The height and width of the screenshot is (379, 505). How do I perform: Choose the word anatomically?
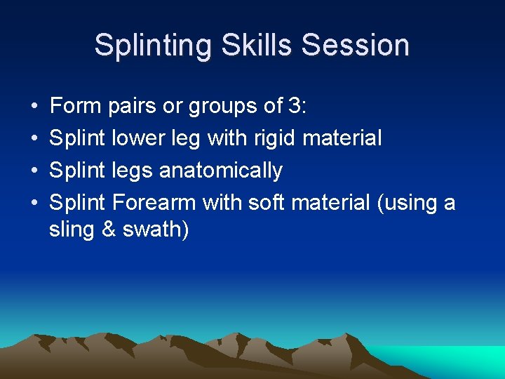click(x=221, y=171)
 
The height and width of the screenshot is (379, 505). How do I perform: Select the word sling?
click(x=72, y=230)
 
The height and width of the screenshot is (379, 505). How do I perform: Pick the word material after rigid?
click(x=342, y=138)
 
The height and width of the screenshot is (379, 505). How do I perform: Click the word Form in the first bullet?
click(x=76, y=107)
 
